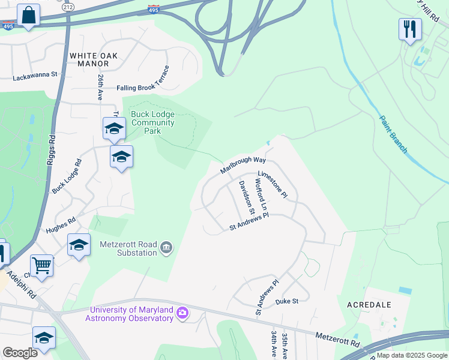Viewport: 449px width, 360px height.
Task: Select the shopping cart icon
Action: [41, 265]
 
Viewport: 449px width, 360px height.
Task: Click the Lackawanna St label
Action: [35, 76]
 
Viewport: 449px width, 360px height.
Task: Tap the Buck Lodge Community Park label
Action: [152, 118]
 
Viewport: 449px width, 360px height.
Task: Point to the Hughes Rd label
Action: [61, 226]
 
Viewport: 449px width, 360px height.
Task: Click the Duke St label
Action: [286, 301]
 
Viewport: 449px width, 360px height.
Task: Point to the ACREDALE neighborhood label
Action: [369, 305]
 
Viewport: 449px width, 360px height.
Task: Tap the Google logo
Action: [20, 353]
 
